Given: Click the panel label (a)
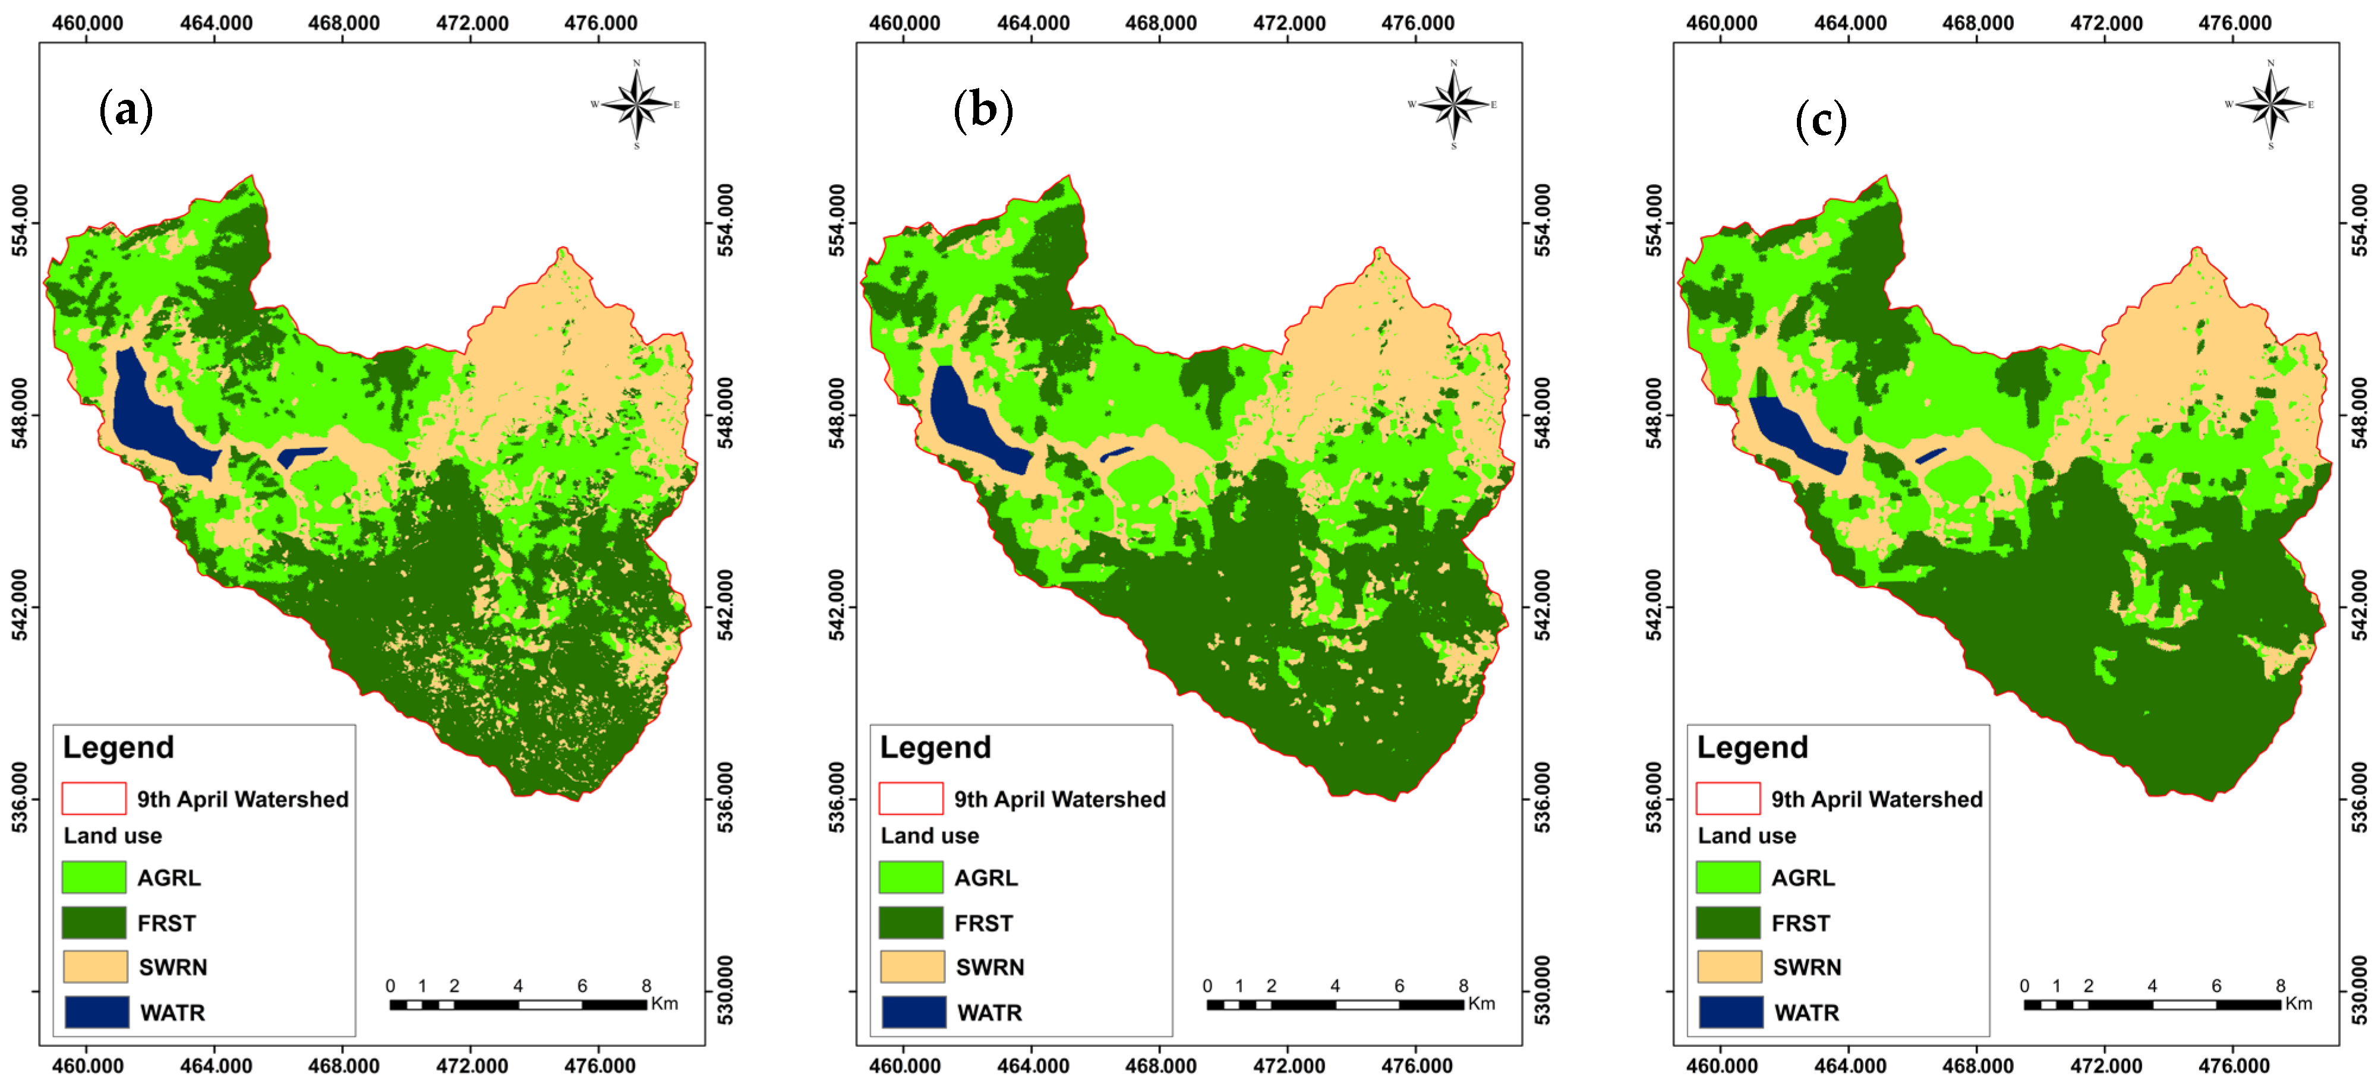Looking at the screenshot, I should [125, 111].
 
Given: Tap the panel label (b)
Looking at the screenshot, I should [982, 111].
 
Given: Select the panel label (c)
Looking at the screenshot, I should [1821, 121].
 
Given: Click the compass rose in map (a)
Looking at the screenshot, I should [636, 105].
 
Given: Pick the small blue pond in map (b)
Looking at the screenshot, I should [1116, 454].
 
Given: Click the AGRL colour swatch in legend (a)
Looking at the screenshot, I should [94, 877].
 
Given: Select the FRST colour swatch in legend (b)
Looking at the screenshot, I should [911, 922].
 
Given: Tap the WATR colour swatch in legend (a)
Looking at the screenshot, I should [97, 1012].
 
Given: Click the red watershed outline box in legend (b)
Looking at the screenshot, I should [911, 798].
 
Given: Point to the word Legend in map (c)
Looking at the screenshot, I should [1752, 747].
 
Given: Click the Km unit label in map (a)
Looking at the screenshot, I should [665, 1003].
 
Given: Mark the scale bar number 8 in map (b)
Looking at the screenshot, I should [1463, 986].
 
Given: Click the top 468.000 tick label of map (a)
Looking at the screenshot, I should [343, 23].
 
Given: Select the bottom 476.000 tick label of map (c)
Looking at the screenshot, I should [2234, 1066].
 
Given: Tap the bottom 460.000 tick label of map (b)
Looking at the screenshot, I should [904, 1066].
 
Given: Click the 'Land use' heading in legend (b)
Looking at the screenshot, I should [929, 835].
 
